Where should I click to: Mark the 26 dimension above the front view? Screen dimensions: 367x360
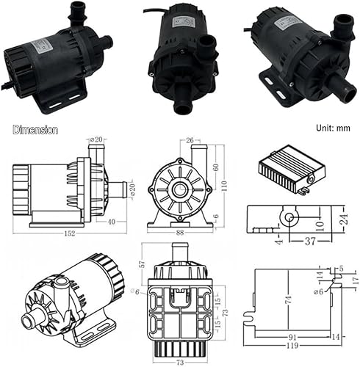pyautogui.click(x=189, y=139)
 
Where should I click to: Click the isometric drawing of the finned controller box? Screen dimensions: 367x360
pyautogui.click(x=288, y=170)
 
